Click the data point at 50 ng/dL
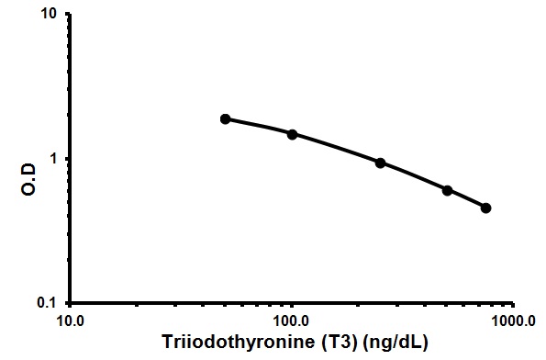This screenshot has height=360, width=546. pos(225,119)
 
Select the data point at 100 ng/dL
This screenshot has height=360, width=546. pos(292,134)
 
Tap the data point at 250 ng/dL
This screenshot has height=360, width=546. pos(380,163)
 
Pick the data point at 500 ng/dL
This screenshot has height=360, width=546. pos(447,190)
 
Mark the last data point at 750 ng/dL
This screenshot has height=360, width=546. pos(485,208)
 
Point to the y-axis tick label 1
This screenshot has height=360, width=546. pos(55,159)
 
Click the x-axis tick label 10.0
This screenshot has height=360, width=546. pos(71,322)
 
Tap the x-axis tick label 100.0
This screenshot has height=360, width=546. pos(292,322)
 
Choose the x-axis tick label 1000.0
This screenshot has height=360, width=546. pos(513,322)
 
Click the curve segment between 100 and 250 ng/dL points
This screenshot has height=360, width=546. pos(336,147)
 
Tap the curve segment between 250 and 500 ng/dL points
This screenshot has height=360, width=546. pos(414,175)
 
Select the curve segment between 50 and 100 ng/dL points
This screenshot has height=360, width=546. pos(259,126)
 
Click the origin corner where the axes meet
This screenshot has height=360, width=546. pos(72,303)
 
